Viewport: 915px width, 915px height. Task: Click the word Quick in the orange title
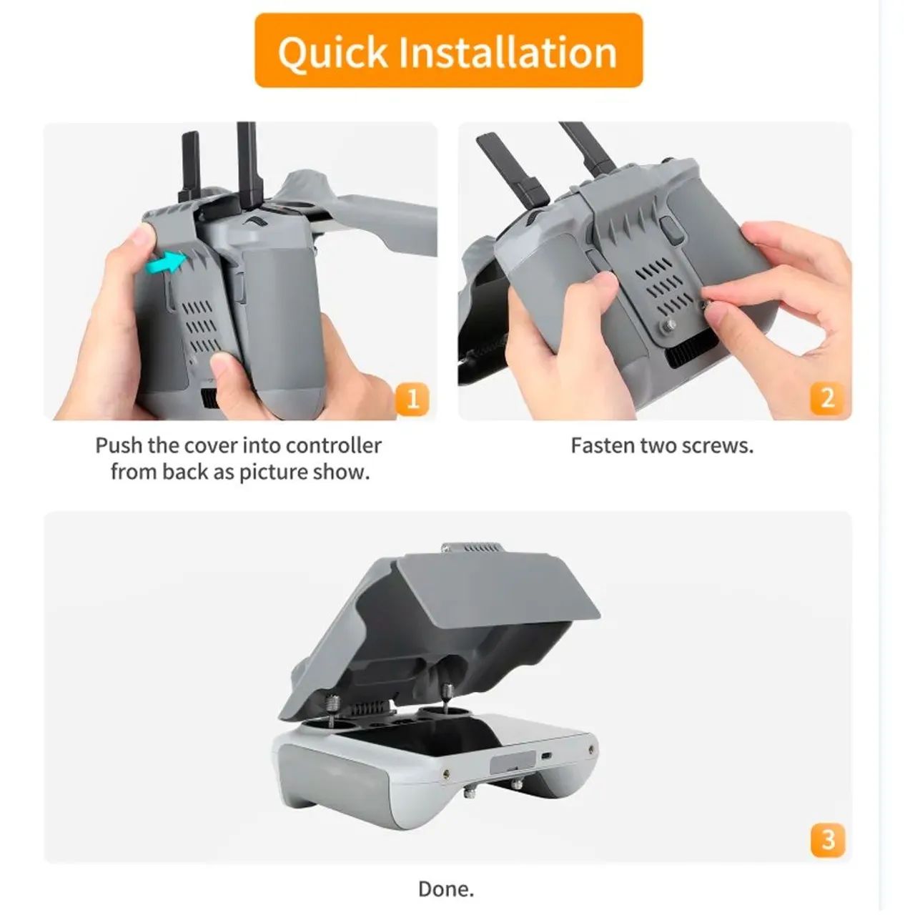332,52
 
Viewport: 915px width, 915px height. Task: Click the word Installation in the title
507,52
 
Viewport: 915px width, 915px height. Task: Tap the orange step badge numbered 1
412,399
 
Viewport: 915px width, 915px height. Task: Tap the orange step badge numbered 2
827,398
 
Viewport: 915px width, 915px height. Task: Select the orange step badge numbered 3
828,840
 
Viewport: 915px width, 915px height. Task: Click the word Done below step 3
445,889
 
